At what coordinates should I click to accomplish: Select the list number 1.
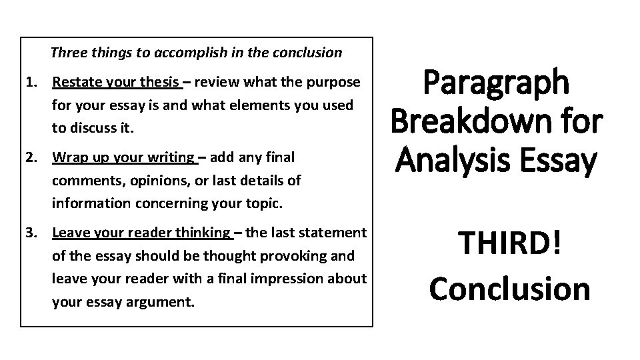30,83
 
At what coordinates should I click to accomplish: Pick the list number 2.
30,157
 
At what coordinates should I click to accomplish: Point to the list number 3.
30,233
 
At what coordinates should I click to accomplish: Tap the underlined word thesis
161,83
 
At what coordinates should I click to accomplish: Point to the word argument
158,301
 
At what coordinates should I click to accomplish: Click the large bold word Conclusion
509,289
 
